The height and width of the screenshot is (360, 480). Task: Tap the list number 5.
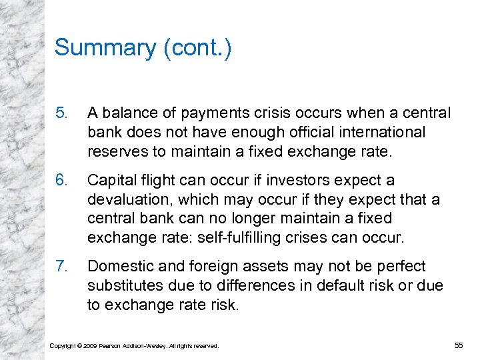61,113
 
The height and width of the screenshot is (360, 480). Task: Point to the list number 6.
61,180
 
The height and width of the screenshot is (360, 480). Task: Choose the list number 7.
61,266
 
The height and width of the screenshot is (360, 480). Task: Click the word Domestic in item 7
117,266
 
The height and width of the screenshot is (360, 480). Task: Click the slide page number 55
458,345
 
